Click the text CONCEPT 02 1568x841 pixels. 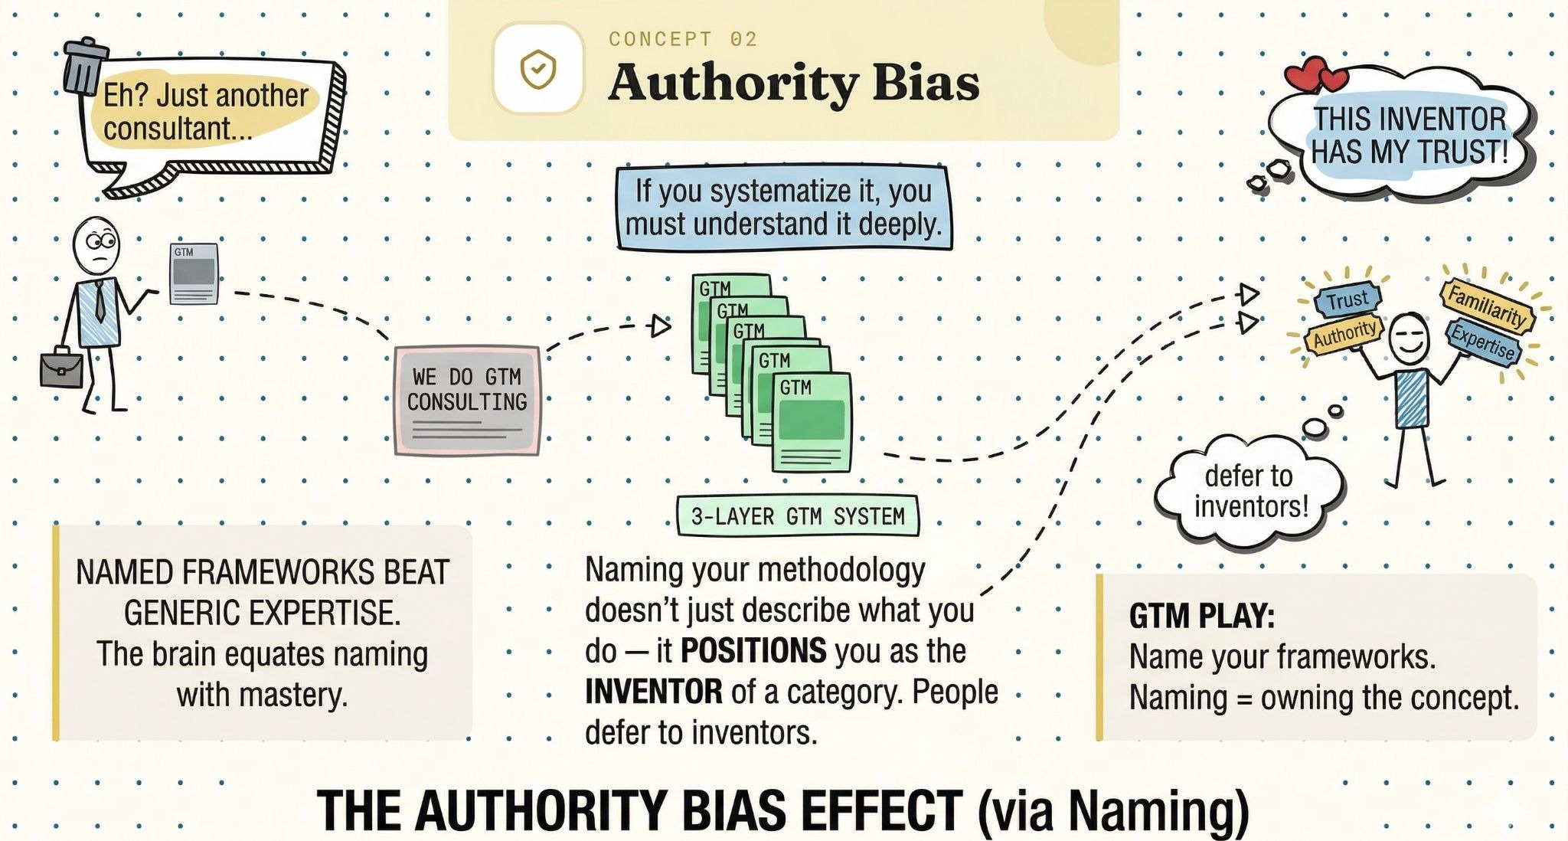(683, 39)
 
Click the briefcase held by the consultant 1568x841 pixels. (61, 369)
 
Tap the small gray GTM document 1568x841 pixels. (194, 273)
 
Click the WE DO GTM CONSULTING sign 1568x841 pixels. (467, 400)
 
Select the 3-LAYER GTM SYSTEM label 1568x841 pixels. (798, 516)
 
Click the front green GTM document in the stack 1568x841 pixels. (812, 422)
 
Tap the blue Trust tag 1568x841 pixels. (1347, 299)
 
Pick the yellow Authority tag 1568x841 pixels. (1344, 335)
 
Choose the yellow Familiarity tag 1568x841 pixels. (1488, 305)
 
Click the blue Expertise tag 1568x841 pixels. (1483, 342)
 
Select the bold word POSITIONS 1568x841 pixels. (753, 651)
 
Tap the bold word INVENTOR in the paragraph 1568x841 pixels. (653, 692)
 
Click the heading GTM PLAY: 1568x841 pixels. (1201, 616)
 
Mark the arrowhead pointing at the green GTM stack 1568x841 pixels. (661, 326)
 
